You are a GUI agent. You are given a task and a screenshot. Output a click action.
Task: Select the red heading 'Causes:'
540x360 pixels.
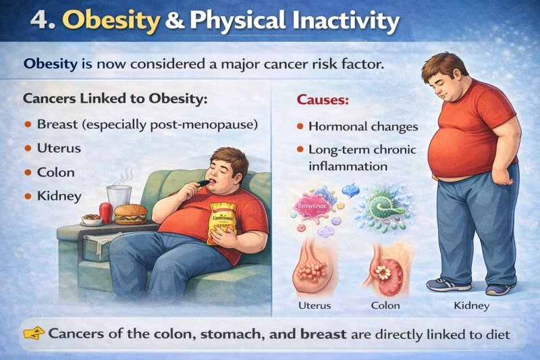[x=323, y=100]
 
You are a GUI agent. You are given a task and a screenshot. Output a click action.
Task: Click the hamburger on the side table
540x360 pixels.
[x=130, y=213]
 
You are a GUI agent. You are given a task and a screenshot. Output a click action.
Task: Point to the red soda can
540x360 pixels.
[x=105, y=212]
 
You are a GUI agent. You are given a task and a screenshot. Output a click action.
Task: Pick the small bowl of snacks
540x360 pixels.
[x=90, y=219]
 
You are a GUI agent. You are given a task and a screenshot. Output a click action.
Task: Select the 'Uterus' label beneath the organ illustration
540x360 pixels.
[x=315, y=305]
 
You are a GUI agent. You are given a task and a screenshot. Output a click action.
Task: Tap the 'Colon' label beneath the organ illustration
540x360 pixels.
[x=385, y=305]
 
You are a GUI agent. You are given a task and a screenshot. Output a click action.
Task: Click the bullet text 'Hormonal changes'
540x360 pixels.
[x=363, y=126]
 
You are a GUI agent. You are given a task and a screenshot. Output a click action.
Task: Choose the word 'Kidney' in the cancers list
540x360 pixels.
[x=59, y=196]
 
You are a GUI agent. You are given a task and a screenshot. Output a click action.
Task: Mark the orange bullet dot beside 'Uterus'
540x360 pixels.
[x=28, y=149]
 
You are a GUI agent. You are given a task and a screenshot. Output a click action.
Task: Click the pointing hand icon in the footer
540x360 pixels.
[x=33, y=332]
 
